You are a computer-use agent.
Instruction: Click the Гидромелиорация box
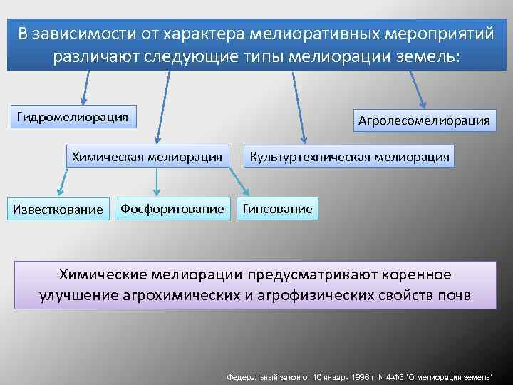[73, 116]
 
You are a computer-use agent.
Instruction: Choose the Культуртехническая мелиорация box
[348, 156]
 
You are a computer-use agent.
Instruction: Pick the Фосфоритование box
[172, 208]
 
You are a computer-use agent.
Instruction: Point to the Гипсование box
[277, 208]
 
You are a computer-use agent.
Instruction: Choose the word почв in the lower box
[454, 295]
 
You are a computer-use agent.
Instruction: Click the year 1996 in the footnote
[351, 376]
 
